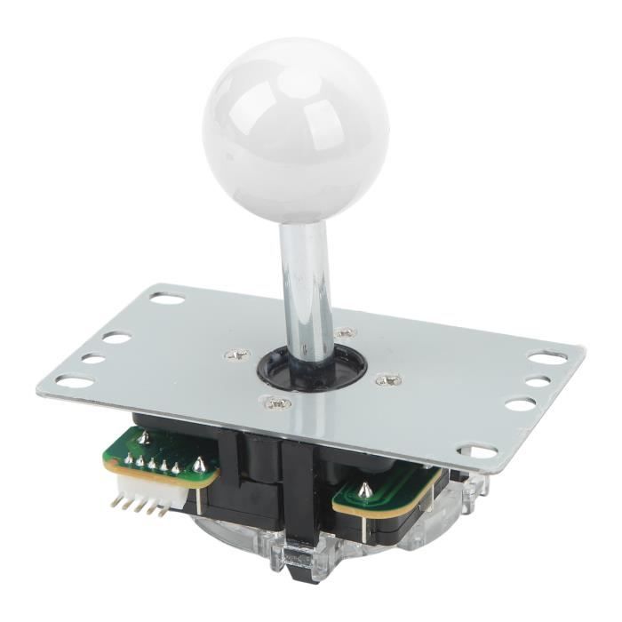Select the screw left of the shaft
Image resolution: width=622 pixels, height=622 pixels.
(x=236, y=355)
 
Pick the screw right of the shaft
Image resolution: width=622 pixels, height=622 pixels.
(x=388, y=380)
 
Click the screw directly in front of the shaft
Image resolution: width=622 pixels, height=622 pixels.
(x=277, y=404)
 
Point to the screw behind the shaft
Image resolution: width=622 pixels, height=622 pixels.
(x=346, y=333)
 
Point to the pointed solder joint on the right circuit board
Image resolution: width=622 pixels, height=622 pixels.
(x=364, y=489)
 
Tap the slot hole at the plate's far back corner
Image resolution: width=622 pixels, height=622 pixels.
(x=167, y=299)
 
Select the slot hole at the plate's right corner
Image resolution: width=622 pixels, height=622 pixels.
(x=546, y=357)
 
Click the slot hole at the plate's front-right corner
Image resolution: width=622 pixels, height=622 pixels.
(x=482, y=451)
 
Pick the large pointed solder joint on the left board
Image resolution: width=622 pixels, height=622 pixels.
(x=199, y=464)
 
